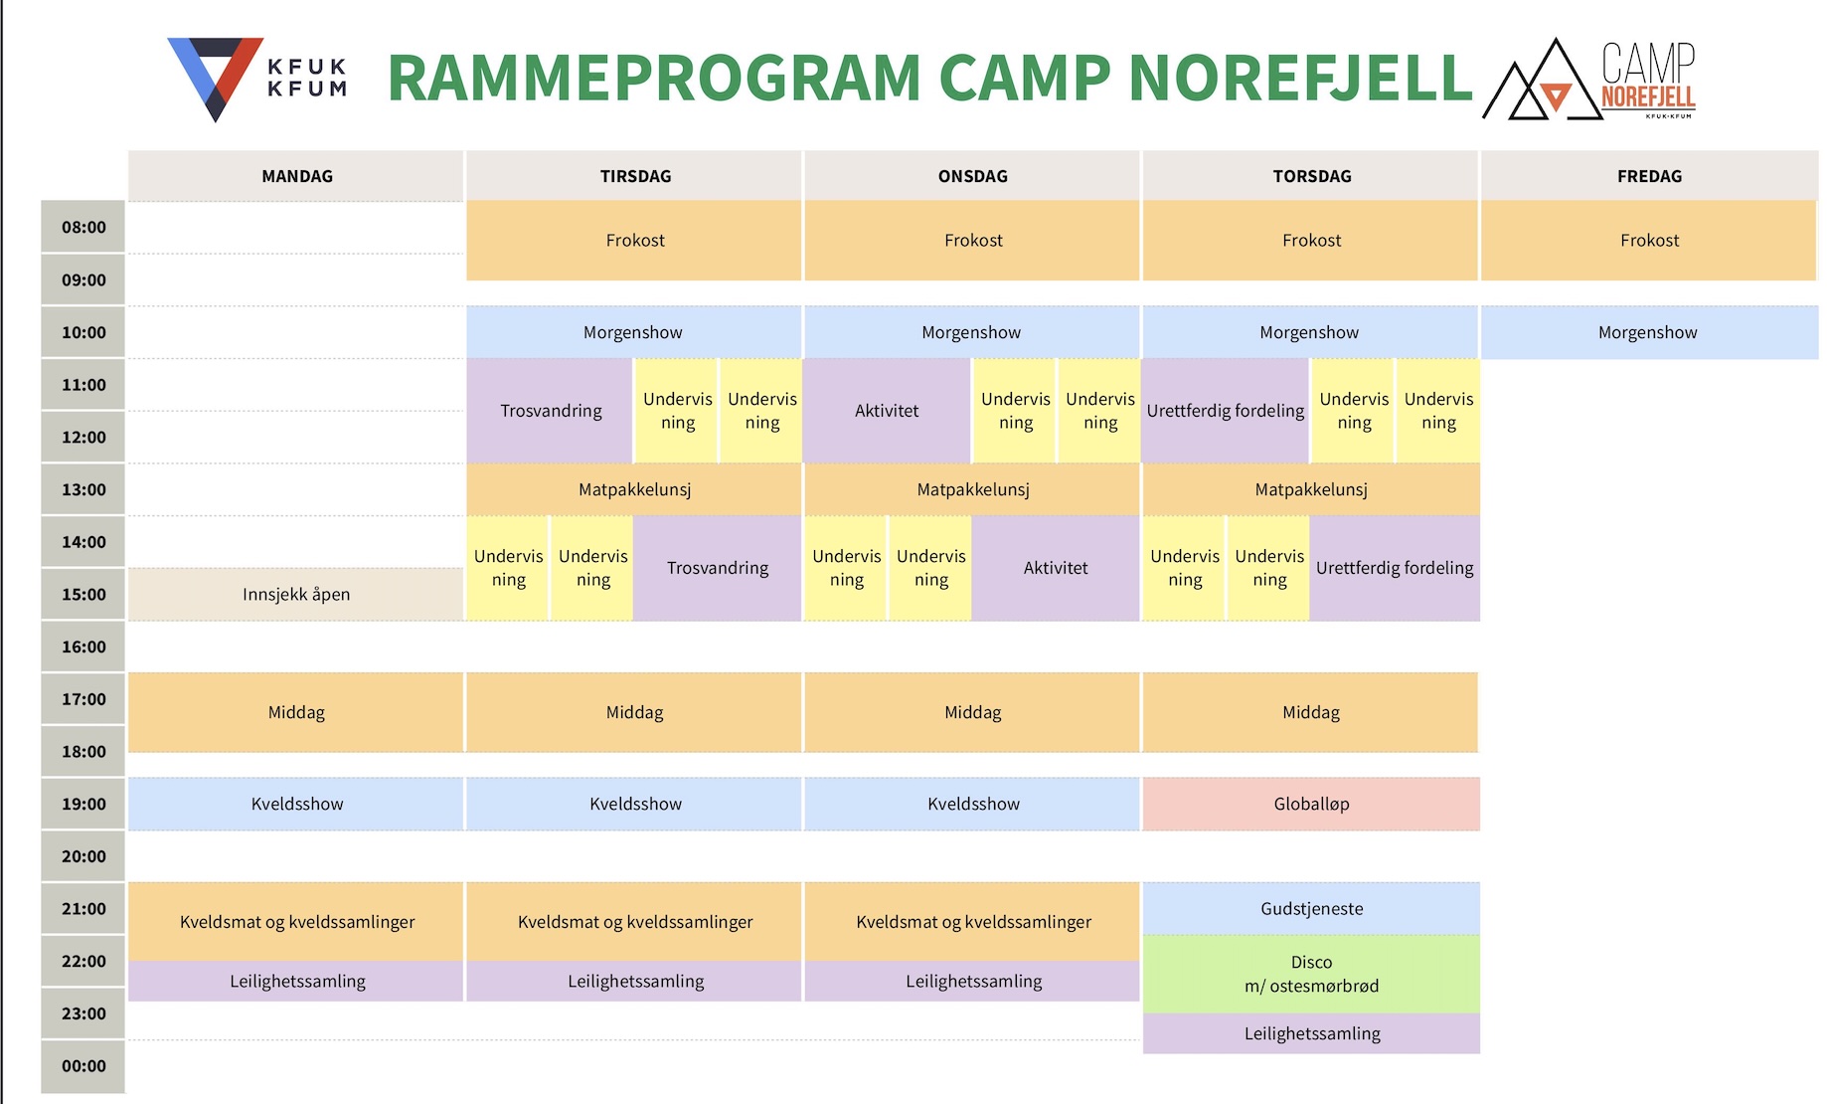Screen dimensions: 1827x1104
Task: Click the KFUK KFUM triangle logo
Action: tap(216, 78)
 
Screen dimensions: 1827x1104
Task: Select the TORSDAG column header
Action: tap(1311, 176)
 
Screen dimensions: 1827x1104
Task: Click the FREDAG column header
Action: tap(1649, 176)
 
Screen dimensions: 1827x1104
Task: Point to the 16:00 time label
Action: tap(83, 646)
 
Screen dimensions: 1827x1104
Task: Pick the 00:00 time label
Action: tap(83, 1066)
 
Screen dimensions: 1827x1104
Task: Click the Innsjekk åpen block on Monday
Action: tap(296, 594)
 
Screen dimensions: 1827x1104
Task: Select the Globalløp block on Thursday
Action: tap(1311, 804)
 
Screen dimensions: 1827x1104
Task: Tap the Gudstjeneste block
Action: tap(1311, 908)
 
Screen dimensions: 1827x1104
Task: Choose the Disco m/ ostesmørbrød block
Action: tap(1311, 974)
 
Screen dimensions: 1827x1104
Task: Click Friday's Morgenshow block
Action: tap(1649, 332)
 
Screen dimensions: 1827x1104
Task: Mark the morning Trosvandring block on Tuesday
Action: tap(551, 411)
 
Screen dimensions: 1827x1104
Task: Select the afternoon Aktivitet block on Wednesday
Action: tap(1056, 568)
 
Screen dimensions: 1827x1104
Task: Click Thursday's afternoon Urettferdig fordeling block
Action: tap(1395, 568)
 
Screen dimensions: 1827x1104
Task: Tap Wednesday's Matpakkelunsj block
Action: tap(973, 489)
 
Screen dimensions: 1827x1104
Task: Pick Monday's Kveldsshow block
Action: tap(296, 804)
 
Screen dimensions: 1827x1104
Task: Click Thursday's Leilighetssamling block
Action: tap(1311, 1033)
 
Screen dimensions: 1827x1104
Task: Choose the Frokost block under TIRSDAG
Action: tap(634, 240)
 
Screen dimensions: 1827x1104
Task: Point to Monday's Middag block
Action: tap(296, 712)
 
